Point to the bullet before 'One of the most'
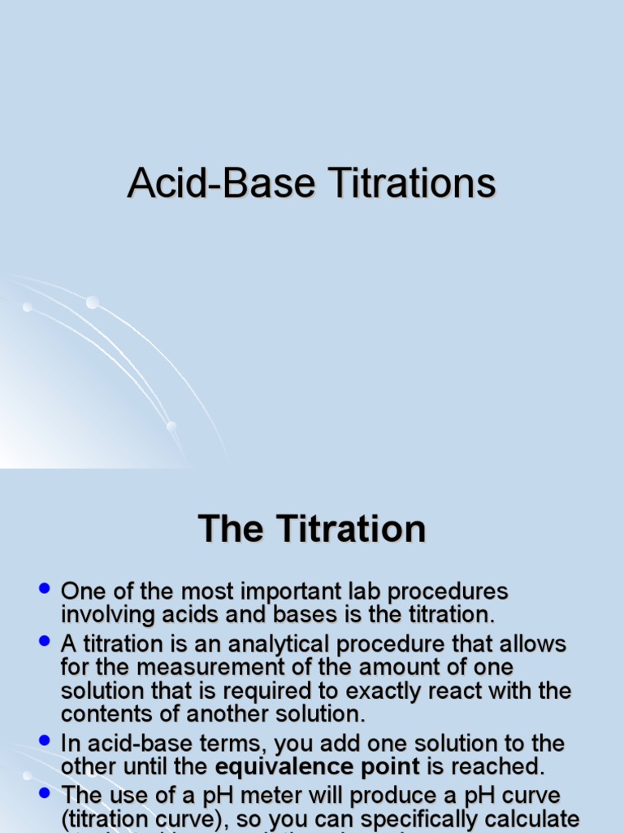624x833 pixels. coord(45,587)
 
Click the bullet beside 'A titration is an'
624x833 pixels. coord(45,641)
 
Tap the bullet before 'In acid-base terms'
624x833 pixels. coord(45,739)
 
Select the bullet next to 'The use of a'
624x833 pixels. coord(45,792)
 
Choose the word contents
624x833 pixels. coord(106,715)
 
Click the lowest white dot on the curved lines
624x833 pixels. coord(171,426)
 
